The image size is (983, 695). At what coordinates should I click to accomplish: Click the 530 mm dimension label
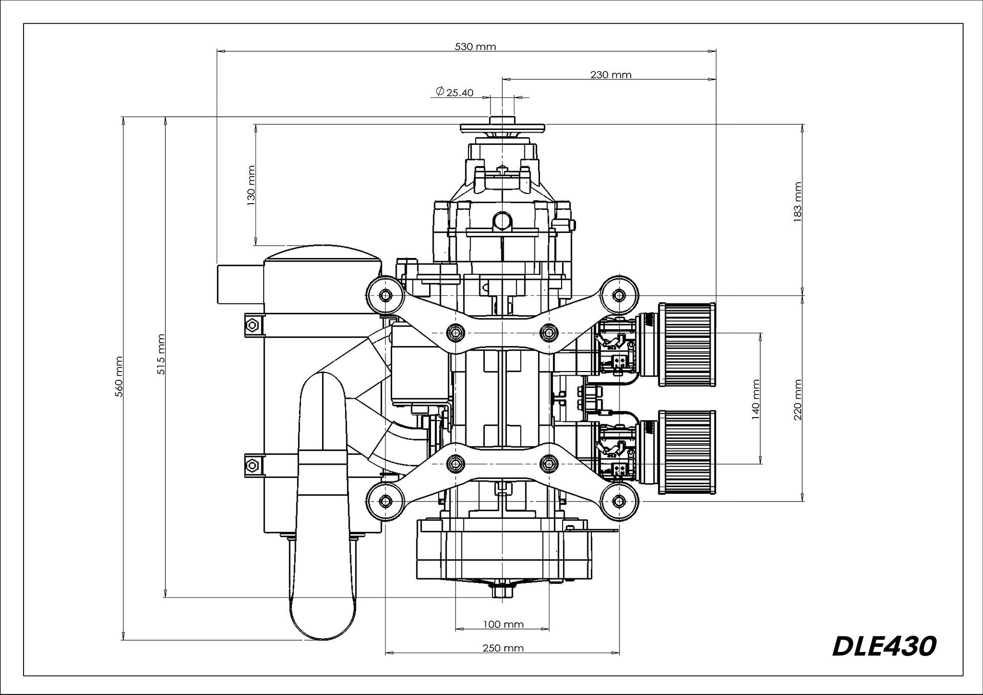pyautogui.click(x=475, y=47)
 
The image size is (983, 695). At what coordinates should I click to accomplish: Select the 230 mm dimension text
pyautogui.click(x=611, y=75)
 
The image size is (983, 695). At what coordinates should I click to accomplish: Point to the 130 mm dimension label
pyautogui.click(x=251, y=185)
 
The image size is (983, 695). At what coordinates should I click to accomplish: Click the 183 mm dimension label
pyautogui.click(x=797, y=202)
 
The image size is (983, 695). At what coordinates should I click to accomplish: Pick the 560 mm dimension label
pyautogui.click(x=119, y=377)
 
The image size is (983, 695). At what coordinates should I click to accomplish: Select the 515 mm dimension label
pyautogui.click(x=161, y=354)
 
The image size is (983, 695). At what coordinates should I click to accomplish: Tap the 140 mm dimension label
pyautogui.click(x=756, y=399)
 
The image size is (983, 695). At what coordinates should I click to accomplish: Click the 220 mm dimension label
pyautogui.click(x=797, y=399)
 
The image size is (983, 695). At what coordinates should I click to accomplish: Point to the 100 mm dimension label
pyautogui.click(x=503, y=624)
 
